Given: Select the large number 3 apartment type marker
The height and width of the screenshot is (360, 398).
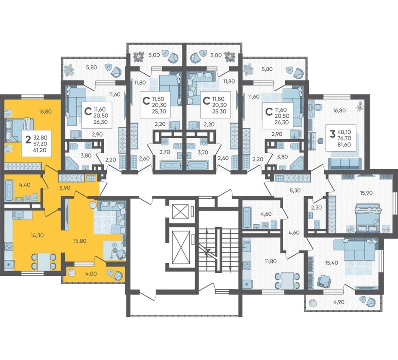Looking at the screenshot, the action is point(332,133).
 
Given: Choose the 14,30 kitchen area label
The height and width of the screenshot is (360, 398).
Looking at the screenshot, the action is point(37,236).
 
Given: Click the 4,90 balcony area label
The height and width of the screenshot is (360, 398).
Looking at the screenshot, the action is point(339,302).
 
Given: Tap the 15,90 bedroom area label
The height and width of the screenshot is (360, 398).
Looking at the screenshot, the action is point(366,193).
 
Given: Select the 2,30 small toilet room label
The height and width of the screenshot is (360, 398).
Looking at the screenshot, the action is point(316,207).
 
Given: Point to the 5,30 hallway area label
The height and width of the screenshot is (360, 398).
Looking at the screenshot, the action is point(295,190).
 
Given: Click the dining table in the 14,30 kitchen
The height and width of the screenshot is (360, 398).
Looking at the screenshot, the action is point(44,262).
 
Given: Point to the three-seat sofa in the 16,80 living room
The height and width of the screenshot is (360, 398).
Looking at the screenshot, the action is point(345,163).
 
